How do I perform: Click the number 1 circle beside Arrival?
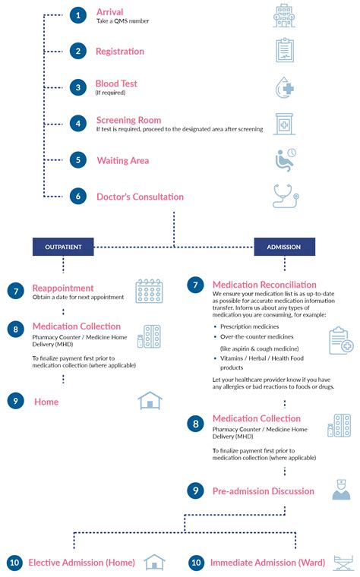click(x=77, y=14)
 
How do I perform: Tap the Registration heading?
click(x=119, y=52)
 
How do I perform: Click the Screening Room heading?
click(x=128, y=120)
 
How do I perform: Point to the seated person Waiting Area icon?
click(x=284, y=159)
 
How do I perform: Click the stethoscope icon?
click(x=284, y=195)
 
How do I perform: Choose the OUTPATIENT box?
click(x=62, y=247)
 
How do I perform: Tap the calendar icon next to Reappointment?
click(x=150, y=291)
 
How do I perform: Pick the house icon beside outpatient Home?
click(x=150, y=400)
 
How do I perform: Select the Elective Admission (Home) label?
click(x=81, y=563)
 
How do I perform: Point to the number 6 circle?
click(x=77, y=197)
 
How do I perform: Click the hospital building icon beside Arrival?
click(x=284, y=14)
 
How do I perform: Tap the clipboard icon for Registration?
click(x=284, y=50)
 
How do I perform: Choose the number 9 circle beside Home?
click(x=15, y=401)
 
